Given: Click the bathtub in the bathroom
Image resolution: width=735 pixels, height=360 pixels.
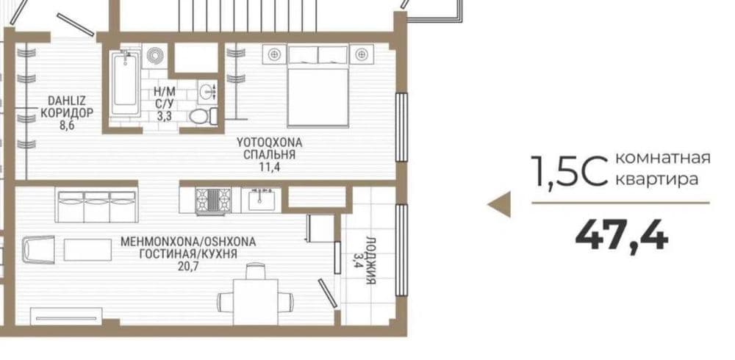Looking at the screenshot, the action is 125,84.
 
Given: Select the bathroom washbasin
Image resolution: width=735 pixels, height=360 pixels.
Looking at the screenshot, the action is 207,92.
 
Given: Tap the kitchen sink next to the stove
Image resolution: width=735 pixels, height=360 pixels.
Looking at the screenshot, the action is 261,201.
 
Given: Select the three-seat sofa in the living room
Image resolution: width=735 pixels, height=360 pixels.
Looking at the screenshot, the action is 96,205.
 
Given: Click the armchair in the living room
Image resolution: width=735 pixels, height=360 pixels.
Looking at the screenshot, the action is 38,249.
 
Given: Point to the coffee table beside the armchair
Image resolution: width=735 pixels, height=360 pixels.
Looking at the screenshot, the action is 87,249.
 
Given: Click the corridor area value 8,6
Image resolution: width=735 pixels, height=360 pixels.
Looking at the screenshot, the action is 67,126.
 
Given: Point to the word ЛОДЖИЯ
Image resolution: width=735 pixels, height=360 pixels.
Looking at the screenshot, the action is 370,261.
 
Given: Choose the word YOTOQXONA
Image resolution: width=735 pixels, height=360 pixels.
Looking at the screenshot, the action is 269,142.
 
